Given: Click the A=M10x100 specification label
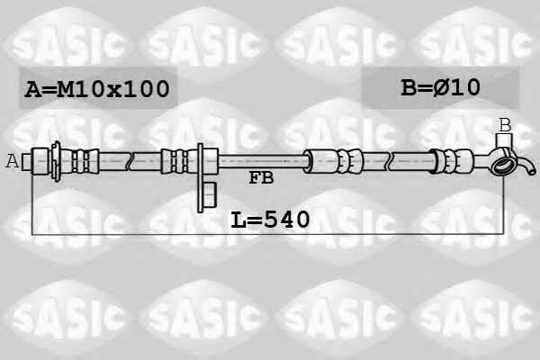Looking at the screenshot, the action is [97, 88].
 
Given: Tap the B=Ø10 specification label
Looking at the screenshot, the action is [440, 87].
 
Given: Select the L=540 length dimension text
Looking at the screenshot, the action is [270, 220].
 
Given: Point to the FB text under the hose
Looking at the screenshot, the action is [261, 178].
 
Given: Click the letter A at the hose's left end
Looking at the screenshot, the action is [13, 160].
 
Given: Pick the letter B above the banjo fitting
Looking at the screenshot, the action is [505, 125].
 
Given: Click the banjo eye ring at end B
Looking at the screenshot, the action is [502, 165].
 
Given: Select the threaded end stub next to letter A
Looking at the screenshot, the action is [27, 162].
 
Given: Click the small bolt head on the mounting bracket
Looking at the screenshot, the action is [210, 195].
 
